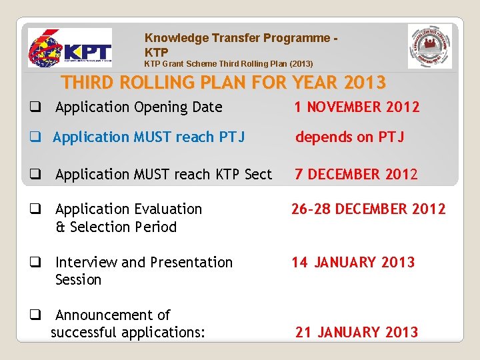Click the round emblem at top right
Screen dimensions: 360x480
pyautogui.click(x=430, y=47)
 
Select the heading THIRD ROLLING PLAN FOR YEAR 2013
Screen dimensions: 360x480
pyautogui.click(x=223, y=83)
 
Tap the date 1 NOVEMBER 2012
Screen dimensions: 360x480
pyautogui.click(x=357, y=107)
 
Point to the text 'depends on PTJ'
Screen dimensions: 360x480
pyautogui.click(x=349, y=137)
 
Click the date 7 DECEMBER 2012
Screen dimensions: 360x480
pyautogui.click(x=357, y=174)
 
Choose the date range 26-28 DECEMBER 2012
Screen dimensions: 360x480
pyautogui.click(x=368, y=209)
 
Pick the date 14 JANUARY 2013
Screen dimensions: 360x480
pyautogui.click(x=353, y=262)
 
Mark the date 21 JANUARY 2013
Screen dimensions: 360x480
pyautogui.click(x=357, y=332)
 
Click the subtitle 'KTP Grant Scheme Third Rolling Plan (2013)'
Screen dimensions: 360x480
pyautogui.click(x=229, y=64)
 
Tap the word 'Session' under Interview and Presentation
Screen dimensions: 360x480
pyautogui.click(x=78, y=280)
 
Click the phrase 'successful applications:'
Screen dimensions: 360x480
pyautogui.click(x=128, y=332)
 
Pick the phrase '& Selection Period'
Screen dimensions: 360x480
pyautogui.click(x=116, y=227)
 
